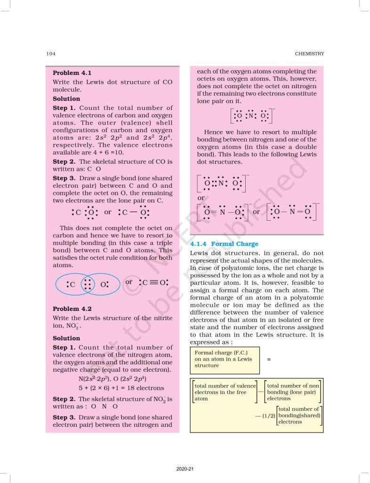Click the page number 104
click(51, 54)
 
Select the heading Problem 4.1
click(72, 73)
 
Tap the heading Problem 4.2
click(72, 308)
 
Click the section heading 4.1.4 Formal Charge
click(224, 244)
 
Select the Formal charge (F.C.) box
click(221, 359)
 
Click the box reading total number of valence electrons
click(225, 392)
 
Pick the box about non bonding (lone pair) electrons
click(292, 392)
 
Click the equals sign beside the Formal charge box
click(269, 359)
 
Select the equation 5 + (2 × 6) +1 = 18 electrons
click(121, 388)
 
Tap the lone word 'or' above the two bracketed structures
click(201, 198)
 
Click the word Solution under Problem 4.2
click(66, 338)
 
